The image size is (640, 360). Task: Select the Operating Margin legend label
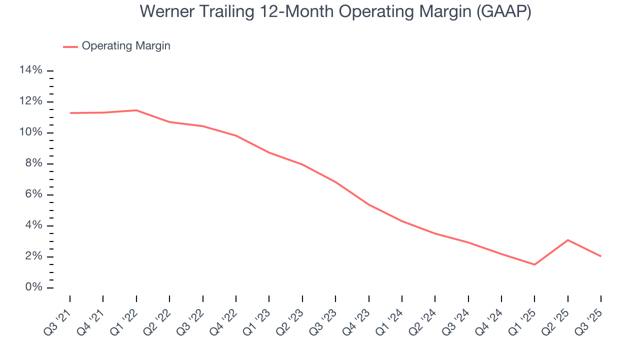(x=126, y=46)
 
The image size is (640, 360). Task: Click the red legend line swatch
(x=70, y=46)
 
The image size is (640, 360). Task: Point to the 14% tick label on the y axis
(x=30, y=70)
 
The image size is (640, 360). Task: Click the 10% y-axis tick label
(x=30, y=132)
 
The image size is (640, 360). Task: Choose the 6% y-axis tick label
(x=33, y=194)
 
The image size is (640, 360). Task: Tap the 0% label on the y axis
(x=33, y=287)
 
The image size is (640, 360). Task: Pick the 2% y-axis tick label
(x=33, y=256)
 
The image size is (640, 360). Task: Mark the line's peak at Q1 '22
(x=136, y=110)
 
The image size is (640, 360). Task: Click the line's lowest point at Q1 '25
(x=534, y=264)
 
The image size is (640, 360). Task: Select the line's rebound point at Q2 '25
(x=567, y=240)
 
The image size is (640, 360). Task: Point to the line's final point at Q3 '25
(x=600, y=256)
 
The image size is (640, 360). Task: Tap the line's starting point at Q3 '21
(x=70, y=113)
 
